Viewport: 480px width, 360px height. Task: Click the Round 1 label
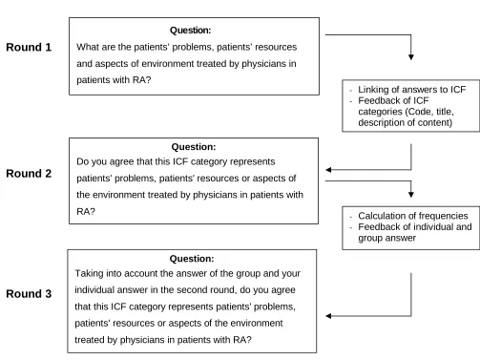click(29, 47)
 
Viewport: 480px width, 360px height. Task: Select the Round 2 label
click(29, 174)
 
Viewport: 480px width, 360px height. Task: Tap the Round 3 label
click(29, 294)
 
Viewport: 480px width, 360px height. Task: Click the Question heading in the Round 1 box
click(190, 31)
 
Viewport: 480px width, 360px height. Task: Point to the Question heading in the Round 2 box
click(194, 147)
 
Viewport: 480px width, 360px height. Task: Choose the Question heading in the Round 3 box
click(192, 259)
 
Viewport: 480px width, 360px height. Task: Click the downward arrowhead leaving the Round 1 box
click(411, 57)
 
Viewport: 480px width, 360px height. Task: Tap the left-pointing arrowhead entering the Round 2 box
click(328, 170)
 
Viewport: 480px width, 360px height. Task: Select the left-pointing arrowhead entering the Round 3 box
click(328, 316)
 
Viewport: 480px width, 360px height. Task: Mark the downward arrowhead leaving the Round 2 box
click(411, 194)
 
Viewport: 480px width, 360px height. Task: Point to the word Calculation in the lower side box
click(379, 216)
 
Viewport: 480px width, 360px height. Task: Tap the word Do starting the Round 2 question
click(82, 161)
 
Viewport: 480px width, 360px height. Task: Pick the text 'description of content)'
click(406, 122)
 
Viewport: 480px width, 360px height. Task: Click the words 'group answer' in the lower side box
click(386, 238)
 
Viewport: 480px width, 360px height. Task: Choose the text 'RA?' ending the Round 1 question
click(141, 80)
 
